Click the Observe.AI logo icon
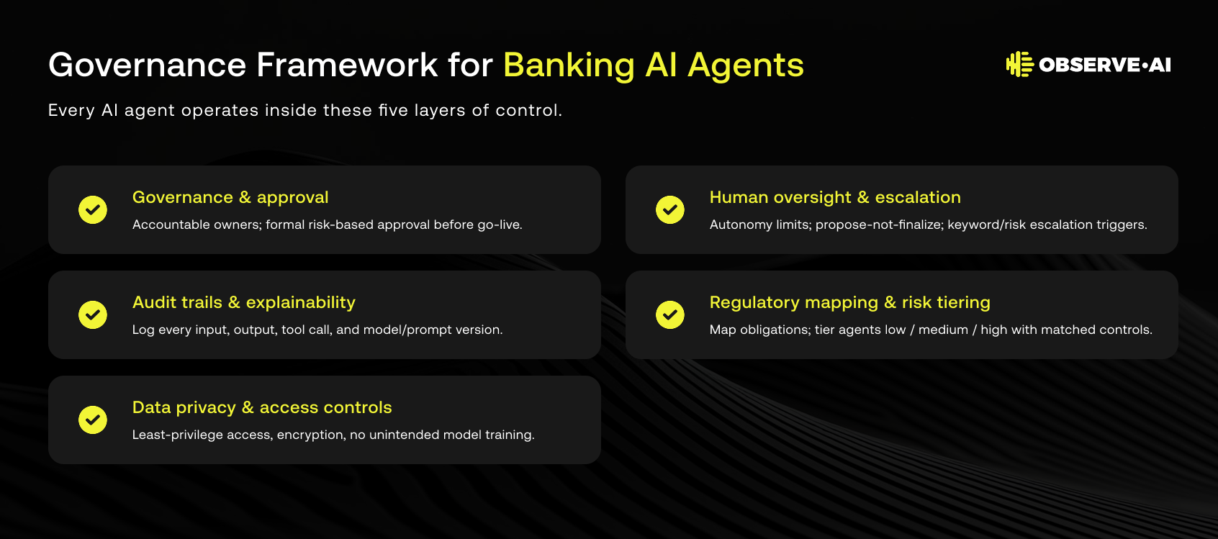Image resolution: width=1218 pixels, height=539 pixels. [1019, 65]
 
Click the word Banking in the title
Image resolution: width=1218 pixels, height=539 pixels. [569, 65]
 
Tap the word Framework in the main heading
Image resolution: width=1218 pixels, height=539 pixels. [347, 65]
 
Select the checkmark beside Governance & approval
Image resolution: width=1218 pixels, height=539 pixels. [92, 209]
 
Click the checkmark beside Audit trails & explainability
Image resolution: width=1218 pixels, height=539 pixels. [92, 314]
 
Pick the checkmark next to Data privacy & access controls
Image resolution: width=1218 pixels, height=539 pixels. [92, 420]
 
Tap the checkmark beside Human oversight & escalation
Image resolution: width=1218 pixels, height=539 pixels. [670, 209]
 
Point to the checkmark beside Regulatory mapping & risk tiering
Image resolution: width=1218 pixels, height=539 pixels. [670, 314]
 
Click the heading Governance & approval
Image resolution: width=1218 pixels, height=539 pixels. [230, 197]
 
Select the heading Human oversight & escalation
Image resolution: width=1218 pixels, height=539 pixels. [835, 197]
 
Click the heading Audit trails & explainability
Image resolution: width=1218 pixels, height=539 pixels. [243, 302]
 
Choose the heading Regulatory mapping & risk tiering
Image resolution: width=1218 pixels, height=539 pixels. [850, 303]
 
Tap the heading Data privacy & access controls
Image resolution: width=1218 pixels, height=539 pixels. [262, 407]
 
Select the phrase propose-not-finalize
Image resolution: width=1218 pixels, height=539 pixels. [879, 225]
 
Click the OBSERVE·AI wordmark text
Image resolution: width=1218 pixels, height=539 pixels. [1105, 65]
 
